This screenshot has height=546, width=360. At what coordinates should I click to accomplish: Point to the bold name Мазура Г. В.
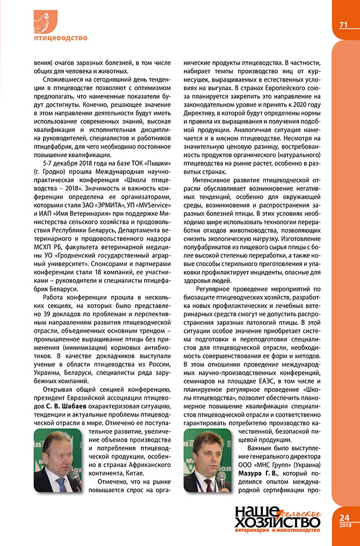tap(256, 474)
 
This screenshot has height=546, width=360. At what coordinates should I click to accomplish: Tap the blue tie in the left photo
tap(60, 483)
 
